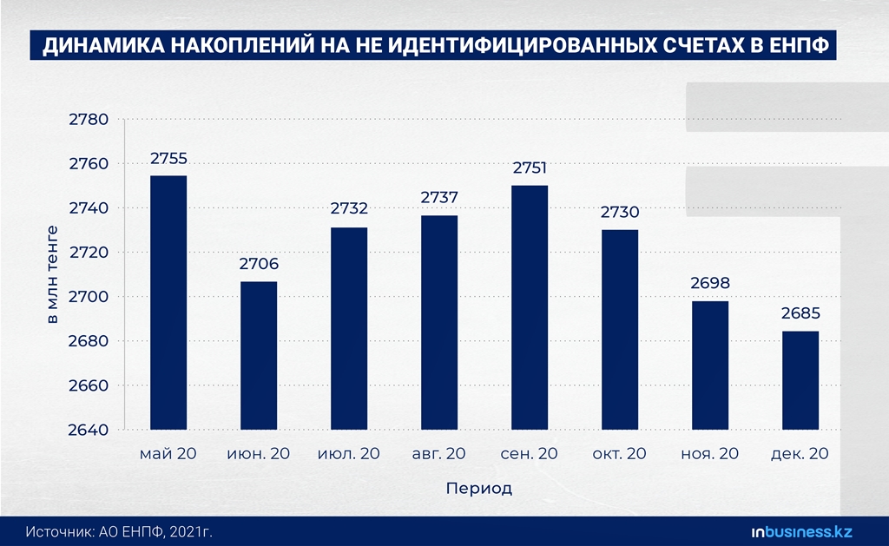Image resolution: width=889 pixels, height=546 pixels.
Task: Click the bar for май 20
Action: [x=168, y=302]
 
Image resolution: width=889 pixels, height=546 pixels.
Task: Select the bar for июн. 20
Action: [x=259, y=355]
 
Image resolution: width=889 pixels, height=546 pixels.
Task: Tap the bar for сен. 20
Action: [x=530, y=307]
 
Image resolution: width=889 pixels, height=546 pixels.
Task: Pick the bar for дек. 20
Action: [x=800, y=380]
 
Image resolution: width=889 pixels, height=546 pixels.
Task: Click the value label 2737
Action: [x=439, y=198]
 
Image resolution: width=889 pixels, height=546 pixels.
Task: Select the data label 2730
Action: [x=620, y=213]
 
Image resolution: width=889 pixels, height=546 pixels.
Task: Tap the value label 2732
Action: [x=349, y=208]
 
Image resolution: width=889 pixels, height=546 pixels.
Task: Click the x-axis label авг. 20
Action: [x=438, y=453]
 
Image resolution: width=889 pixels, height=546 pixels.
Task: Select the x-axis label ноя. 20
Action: [x=710, y=453]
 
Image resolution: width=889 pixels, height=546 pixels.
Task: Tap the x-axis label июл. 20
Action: [x=349, y=453]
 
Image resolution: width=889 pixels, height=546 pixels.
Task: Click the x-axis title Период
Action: [x=478, y=488]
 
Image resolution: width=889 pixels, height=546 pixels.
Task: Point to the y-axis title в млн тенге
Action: [x=52, y=274]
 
